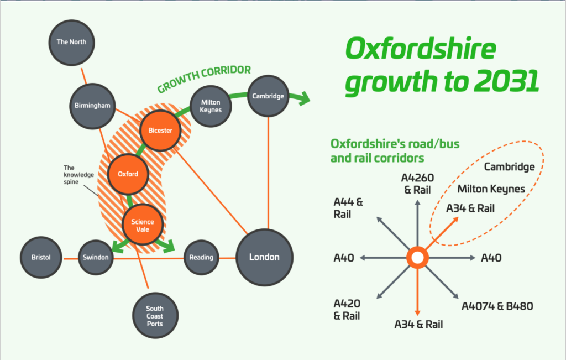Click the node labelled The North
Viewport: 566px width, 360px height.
[71, 42]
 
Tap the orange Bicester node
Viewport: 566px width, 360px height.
[160, 131]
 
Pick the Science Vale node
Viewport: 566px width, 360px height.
[143, 226]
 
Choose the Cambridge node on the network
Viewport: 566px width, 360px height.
[268, 96]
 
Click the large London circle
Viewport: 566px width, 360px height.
[264, 257]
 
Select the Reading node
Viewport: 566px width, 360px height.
[201, 257]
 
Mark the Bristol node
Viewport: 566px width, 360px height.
[41, 258]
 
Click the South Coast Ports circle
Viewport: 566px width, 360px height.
[155, 316]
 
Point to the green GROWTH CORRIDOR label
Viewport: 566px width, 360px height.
[204, 79]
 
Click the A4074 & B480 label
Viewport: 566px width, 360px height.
[497, 306]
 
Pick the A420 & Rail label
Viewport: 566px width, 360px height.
[347, 310]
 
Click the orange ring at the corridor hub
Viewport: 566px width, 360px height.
[417, 258]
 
